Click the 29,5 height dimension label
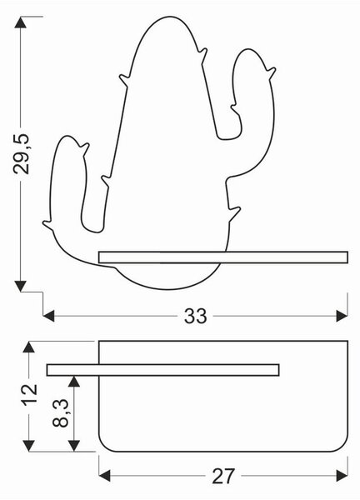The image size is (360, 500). coord(22,153)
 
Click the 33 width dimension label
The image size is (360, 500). coord(195,317)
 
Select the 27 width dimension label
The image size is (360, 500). coord(223,476)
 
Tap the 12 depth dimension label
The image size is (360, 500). coord(29,395)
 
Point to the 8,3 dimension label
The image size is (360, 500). coord(61,413)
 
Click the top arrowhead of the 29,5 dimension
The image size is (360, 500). coord(20,22)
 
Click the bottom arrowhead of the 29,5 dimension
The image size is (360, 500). coord(20,286)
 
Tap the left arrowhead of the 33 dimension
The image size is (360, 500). coord(49,317)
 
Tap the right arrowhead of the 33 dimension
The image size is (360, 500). coord(342,317)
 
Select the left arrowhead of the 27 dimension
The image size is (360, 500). coord(105,476)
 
